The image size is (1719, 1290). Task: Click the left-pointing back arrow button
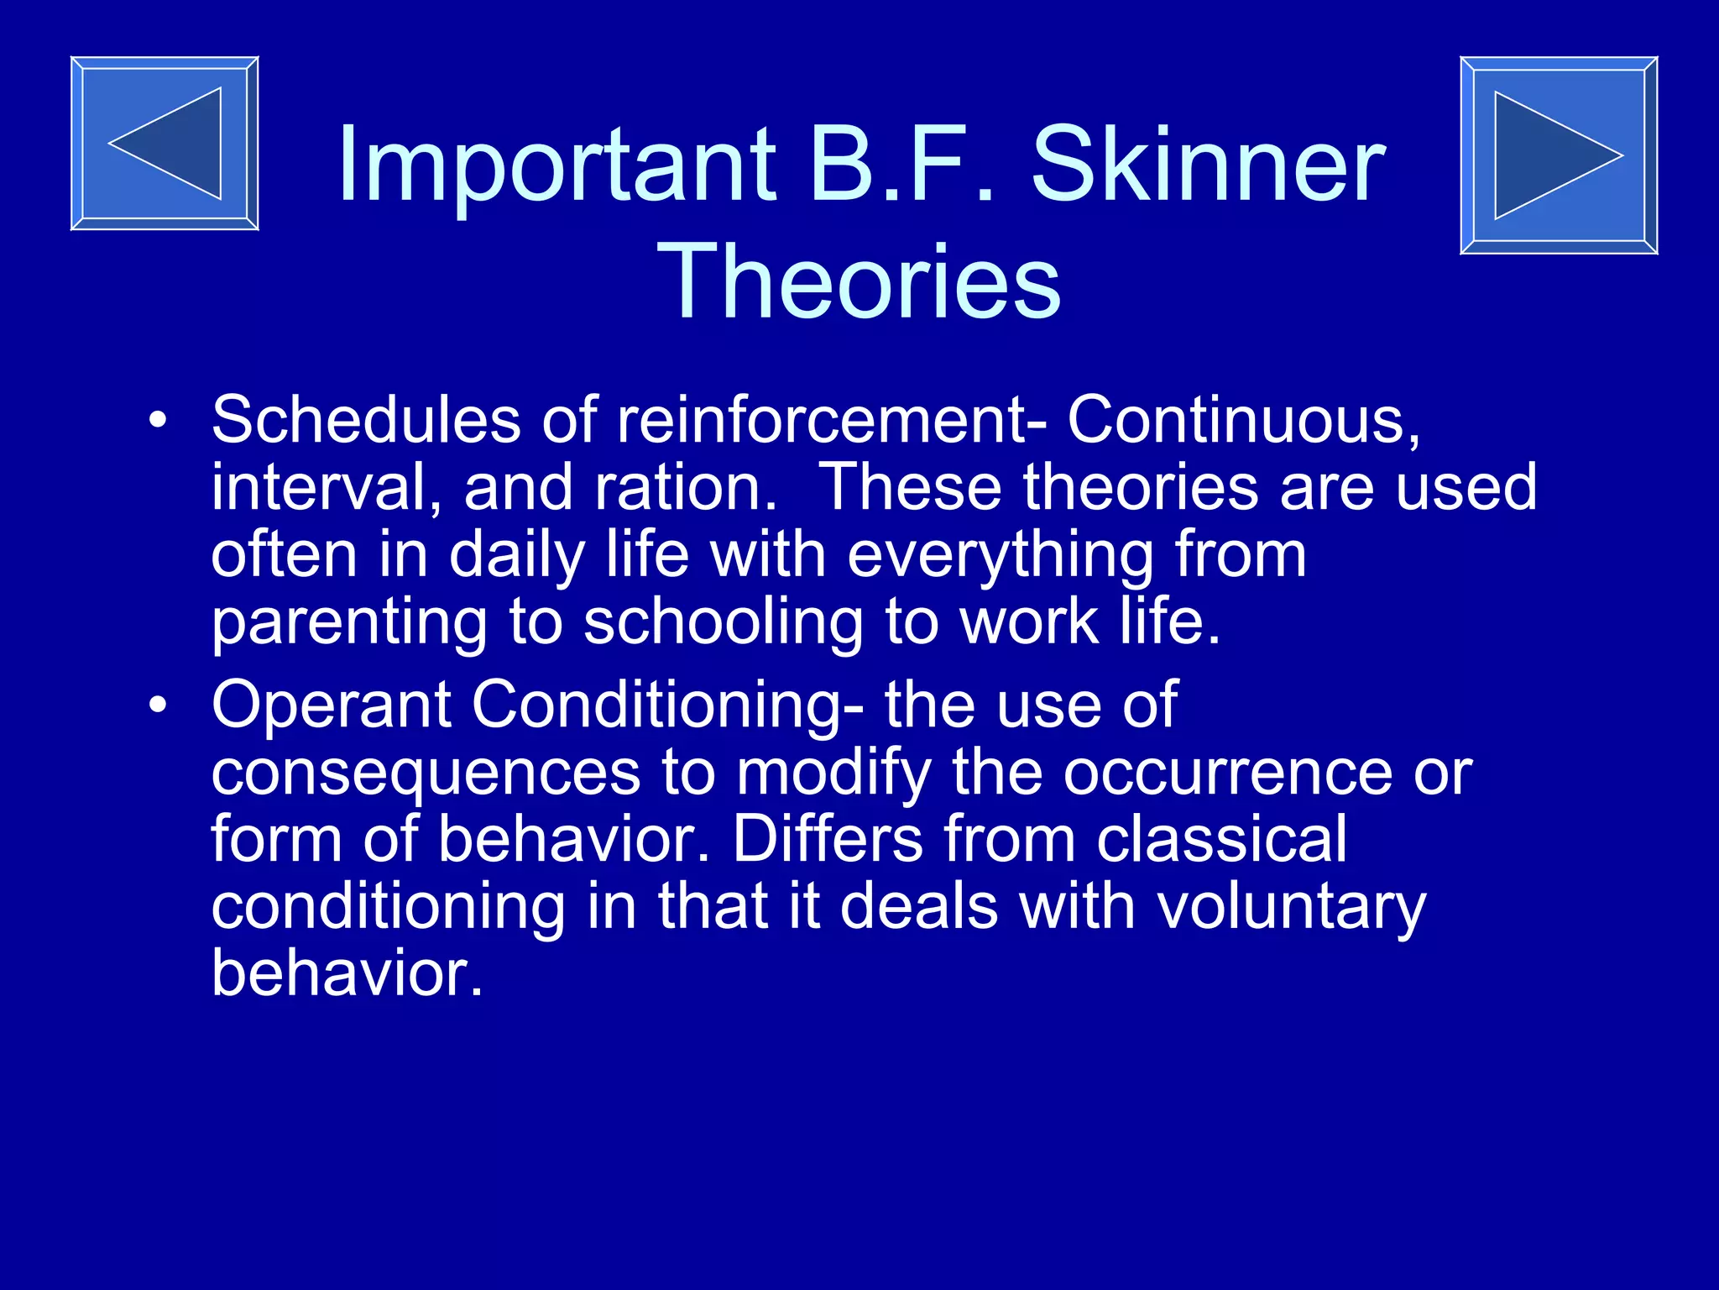[165, 144]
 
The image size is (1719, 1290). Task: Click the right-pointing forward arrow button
[1559, 155]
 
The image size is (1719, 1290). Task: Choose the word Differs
[828, 840]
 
